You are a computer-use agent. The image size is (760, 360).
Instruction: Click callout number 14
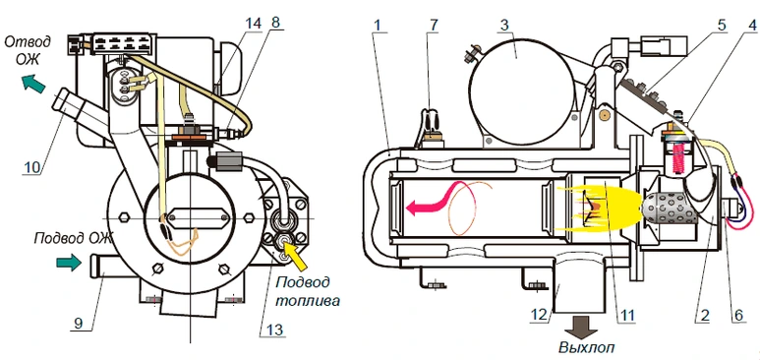point(253,23)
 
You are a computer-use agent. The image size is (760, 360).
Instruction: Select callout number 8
point(276,23)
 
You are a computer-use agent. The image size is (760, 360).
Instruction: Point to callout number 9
point(78,323)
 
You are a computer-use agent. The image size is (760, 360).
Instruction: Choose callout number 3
point(504,24)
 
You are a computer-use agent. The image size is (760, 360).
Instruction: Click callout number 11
point(626,316)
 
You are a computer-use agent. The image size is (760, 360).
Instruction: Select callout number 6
point(737,316)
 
